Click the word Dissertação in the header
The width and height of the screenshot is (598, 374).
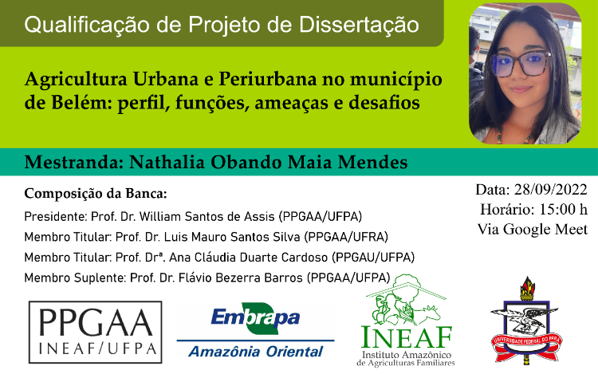[x=359, y=25]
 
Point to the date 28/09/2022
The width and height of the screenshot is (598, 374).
[x=550, y=190]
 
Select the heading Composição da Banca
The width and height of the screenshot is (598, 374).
[x=96, y=194]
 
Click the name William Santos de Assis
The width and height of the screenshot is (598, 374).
[x=207, y=217]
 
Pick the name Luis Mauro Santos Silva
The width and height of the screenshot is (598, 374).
[x=232, y=237]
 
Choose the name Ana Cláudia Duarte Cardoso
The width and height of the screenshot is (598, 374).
[x=248, y=258]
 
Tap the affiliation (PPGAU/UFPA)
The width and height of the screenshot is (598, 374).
[x=373, y=258]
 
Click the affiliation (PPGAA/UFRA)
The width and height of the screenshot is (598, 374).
[x=346, y=237]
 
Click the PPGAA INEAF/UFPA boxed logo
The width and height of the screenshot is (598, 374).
[x=96, y=332]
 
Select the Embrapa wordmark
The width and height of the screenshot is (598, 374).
[x=255, y=317]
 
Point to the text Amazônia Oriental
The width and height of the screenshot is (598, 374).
[x=256, y=351]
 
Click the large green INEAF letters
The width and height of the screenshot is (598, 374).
[x=407, y=337]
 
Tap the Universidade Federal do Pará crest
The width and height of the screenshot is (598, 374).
[x=526, y=321]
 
